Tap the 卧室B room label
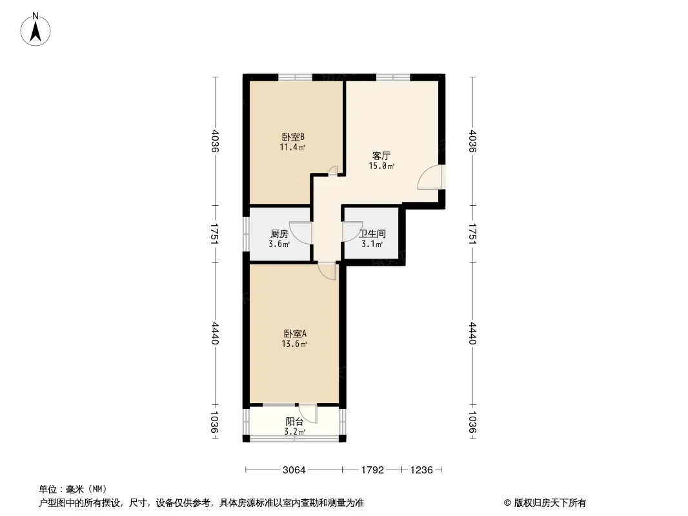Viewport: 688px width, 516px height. click(x=293, y=137)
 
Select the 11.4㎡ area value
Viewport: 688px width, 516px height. click(x=292, y=148)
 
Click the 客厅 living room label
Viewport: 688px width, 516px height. click(x=381, y=155)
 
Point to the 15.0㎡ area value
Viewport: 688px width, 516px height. click(x=381, y=166)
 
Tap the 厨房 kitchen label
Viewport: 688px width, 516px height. click(x=279, y=234)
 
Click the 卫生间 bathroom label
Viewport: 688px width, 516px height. click(x=372, y=234)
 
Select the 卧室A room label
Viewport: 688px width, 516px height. click(x=295, y=333)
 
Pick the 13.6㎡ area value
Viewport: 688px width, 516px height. click(x=294, y=344)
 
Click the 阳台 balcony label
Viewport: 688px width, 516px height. click(x=294, y=422)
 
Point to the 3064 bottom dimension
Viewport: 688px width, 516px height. click(x=294, y=470)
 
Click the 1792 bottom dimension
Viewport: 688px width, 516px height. click(x=372, y=470)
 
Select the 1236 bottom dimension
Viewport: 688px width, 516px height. click(x=421, y=470)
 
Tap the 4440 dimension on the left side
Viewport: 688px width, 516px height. click(x=215, y=333)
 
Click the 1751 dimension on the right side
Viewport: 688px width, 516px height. click(x=472, y=233)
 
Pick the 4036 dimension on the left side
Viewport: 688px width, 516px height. click(x=215, y=141)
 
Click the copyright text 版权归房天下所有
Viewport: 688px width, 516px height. click(x=550, y=503)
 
